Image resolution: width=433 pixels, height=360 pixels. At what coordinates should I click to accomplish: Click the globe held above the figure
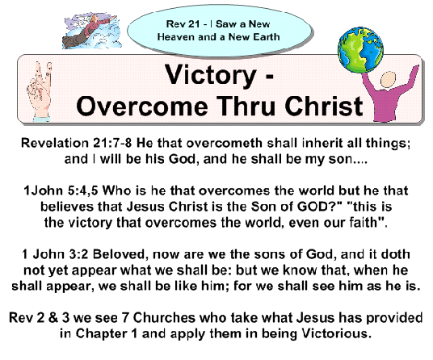pyautogui.click(x=360, y=50)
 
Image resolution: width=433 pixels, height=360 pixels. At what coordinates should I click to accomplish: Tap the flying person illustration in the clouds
pyautogui.click(x=91, y=31)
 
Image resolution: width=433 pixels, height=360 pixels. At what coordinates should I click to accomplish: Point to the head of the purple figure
pyautogui.click(x=388, y=80)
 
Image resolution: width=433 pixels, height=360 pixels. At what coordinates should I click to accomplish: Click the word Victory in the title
pyautogui.click(x=211, y=75)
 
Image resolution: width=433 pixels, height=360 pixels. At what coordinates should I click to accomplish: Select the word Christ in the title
pyautogui.click(x=323, y=107)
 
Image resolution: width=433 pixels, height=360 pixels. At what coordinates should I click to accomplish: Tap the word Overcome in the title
pyautogui.click(x=141, y=107)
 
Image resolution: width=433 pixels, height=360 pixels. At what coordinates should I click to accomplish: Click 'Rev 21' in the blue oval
pyautogui.click(x=183, y=24)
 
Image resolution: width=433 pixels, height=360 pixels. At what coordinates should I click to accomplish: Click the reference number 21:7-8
pyautogui.click(x=111, y=143)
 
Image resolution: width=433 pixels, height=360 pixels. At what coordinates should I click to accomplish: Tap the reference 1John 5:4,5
pyautogui.click(x=61, y=190)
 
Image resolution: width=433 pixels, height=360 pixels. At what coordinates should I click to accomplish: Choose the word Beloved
pyautogui.click(x=119, y=254)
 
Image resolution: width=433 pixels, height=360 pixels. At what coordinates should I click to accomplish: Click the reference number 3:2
pyautogui.click(x=78, y=254)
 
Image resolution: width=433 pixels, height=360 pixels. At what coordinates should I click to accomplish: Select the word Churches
pyautogui.click(x=164, y=318)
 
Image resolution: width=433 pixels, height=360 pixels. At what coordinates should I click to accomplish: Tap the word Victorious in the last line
pyautogui.click(x=336, y=333)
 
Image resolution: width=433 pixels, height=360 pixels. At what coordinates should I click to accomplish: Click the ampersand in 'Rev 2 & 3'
pyautogui.click(x=53, y=318)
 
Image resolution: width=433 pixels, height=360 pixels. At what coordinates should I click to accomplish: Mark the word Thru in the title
pyautogui.click(x=246, y=107)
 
